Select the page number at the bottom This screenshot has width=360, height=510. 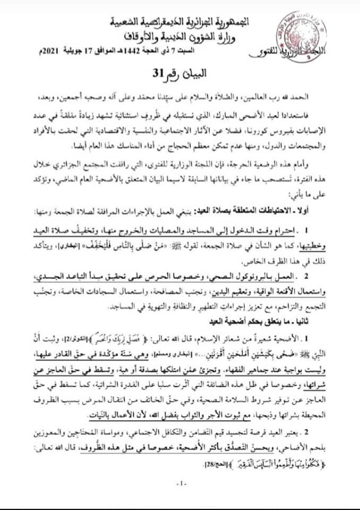click(180, 482)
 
